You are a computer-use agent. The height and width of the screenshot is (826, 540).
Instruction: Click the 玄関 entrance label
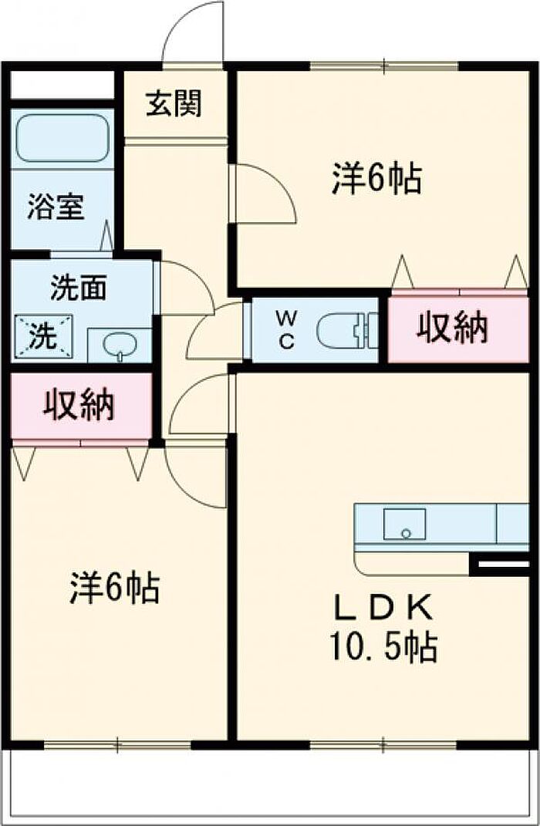click(174, 103)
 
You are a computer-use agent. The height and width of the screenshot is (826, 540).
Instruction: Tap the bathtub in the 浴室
click(62, 139)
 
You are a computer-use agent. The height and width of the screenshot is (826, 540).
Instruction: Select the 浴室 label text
click(56, 207)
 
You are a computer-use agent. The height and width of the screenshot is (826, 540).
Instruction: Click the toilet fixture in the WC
click(346, 331)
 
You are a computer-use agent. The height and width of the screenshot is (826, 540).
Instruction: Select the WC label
click(286, 330)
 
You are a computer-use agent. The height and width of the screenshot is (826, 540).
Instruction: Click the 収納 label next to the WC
click(453, 328)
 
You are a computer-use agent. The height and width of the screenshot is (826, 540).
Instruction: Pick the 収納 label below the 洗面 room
click(79, 404)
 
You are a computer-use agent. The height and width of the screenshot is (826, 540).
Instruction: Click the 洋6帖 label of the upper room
click(376, 180)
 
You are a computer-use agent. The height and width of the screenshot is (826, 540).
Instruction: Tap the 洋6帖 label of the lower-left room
click(115, 589)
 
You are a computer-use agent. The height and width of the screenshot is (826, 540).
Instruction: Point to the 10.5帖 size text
click(384, 646)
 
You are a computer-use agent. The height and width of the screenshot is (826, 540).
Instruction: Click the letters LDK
click(383, 608)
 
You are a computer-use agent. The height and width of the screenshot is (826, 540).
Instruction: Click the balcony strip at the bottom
click(270, 787)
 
